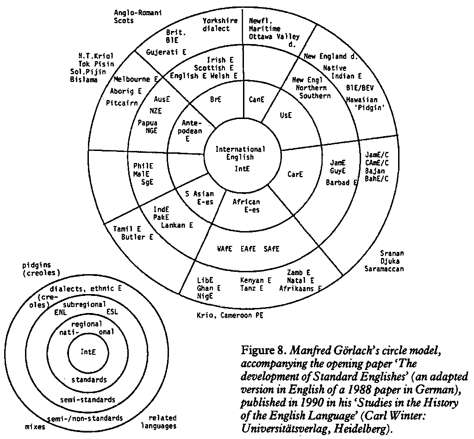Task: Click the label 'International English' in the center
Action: click(x=240, y=153)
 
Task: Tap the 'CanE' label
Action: click(x=256, y=99)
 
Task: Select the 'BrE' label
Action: click(x=216, y=99)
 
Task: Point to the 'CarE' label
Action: click(x=295, y=175)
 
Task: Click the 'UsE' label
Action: click(x=286, y=115)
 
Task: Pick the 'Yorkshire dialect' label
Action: click(x=220, y=25)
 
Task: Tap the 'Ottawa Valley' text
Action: click(x=274, y=37)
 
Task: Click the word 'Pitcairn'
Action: click(x=122, y=103)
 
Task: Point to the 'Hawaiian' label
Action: click(x=362, y=100)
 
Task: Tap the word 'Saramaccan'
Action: click(x=384, y=269)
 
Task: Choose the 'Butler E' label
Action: click(x=137, y=237)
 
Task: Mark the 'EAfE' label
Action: click(x=248, y=249)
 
